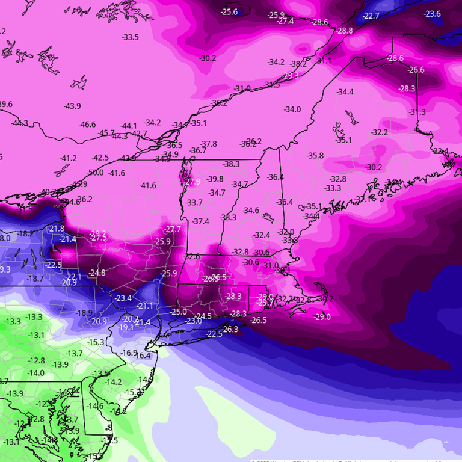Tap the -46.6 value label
point(87,125)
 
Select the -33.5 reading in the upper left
point(130,37)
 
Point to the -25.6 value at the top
point(229,12)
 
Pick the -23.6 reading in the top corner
point(432,14)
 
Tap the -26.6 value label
point(416,70)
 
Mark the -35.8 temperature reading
point(315,156)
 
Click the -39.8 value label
point(215,179)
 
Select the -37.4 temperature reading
point(200,221)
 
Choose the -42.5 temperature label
point(100,158)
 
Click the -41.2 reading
point(69,158)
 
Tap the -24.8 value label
point(97,273)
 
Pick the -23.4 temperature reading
point(123,298)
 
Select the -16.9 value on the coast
point(129,353)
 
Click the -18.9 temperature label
point(84,313)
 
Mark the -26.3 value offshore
point(230,329)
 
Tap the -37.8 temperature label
point(209,144)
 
